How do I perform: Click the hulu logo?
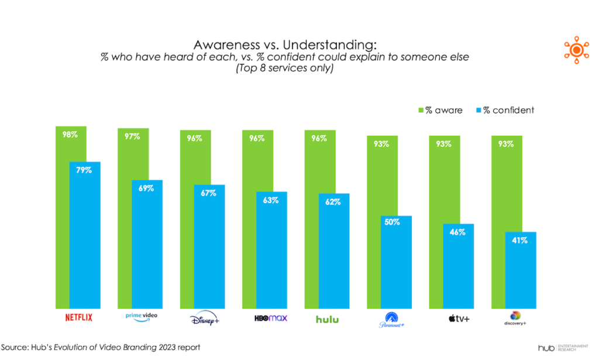point(328,319)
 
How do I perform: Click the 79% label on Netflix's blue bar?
point(84,170)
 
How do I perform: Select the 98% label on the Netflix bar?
point(71,135)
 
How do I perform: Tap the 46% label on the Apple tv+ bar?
point(458,232)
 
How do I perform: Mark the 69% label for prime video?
point(146,188)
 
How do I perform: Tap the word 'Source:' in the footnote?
point(16,347)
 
